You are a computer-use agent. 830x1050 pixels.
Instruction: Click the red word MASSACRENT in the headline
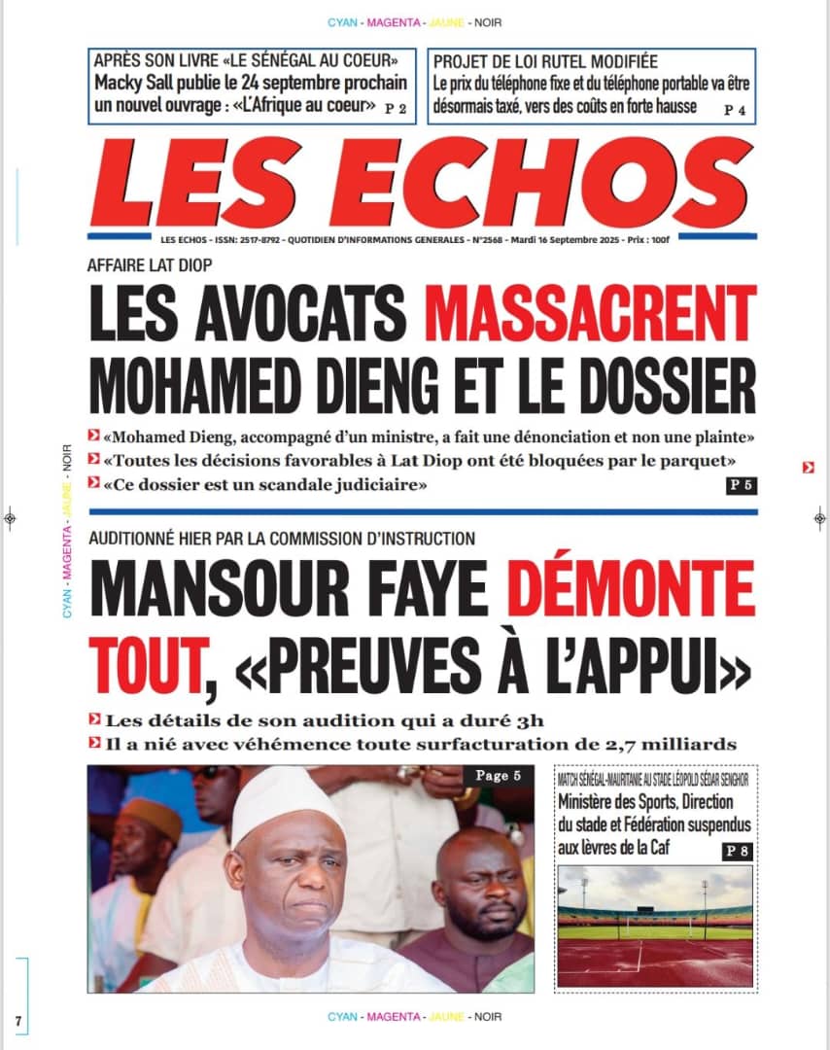coord(590,312)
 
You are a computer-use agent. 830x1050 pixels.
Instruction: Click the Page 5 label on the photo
coord(499,776)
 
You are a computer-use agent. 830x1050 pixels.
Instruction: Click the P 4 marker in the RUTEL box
coord(735,110)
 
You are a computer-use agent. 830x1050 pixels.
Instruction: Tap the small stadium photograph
coord(655,926)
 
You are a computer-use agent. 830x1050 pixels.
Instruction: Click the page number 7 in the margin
coord(17,1020)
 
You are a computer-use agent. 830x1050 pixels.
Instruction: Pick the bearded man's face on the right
coord(480,882)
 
